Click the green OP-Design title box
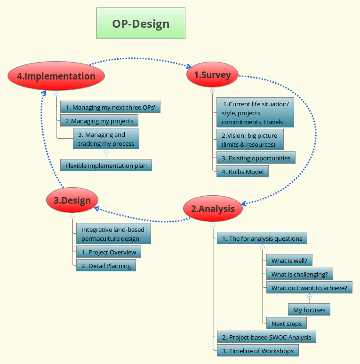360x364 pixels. (141, 23)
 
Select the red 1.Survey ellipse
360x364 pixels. (212, 75)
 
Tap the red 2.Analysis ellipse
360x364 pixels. (213, 209)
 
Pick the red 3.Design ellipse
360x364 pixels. (72, 200)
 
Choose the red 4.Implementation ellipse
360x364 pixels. (56, 76)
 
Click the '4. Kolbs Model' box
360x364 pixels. (242, 171)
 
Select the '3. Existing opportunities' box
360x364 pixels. (256, 158)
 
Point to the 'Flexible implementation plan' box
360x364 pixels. (106, 165)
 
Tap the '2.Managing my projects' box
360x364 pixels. (99, 121)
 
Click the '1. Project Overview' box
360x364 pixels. (108, 252)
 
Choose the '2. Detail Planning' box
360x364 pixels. (106, 266)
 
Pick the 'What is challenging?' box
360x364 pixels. (299, 274)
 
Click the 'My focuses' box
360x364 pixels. (309, 310)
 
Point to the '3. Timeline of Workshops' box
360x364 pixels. (257, 351)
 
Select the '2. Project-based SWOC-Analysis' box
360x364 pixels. (266, 337)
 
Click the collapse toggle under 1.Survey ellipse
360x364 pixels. (212, 90)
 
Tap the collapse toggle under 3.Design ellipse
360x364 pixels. (72, 216)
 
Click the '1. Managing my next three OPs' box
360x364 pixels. (110, 107)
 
